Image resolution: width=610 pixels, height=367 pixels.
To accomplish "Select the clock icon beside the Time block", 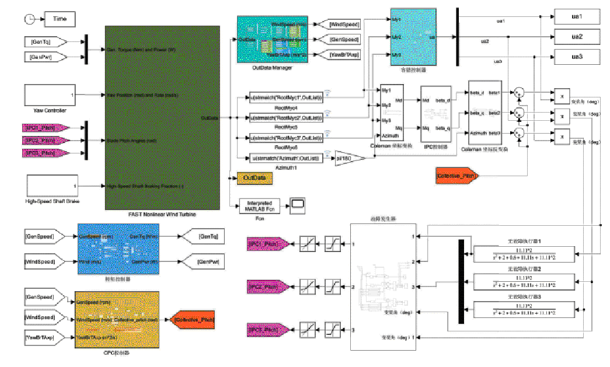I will click(29, 19).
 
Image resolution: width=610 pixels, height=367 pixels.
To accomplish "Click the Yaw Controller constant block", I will click(50, 95).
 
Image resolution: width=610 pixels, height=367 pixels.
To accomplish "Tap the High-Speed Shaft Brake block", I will click(52, 186).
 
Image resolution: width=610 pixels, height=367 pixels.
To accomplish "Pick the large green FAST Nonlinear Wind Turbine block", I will click(162, 117).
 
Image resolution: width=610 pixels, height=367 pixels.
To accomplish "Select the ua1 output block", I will click(576, 16).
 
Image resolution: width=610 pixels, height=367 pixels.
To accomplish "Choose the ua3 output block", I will click(576, 57).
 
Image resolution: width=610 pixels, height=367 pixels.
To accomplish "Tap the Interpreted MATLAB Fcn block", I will click(260, 204).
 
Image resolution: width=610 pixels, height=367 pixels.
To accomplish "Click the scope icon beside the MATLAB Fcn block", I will click(298, 203).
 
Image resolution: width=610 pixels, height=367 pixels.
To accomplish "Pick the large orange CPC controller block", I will click(117, 319).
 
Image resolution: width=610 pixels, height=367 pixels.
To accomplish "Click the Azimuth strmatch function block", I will click(286, 158).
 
